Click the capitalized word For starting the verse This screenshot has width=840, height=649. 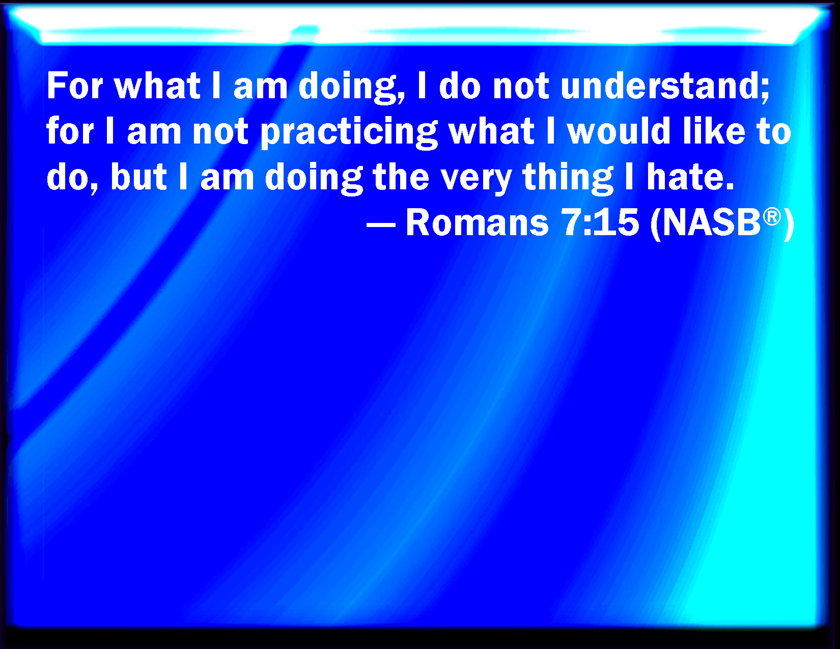point(75,86)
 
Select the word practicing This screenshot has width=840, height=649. point(349,132)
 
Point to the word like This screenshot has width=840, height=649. point(714,131)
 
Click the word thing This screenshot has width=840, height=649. point(568,179)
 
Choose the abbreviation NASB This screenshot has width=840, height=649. point(711,223)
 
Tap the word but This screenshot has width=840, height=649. point(138,177)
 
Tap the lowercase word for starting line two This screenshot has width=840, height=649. point(70,131)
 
